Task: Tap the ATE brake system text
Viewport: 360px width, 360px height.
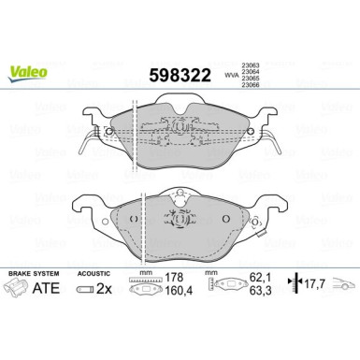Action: [x=55, y=292]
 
